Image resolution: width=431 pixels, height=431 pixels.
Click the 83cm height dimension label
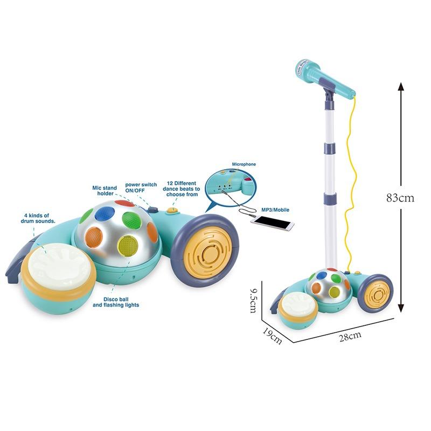pos(400,197)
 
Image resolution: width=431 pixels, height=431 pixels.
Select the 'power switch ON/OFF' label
pos(141,187)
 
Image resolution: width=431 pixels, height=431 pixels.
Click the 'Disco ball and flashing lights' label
pos(116,302)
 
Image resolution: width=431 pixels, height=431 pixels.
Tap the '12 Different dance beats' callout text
pos(183,189)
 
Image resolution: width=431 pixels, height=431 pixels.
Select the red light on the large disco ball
pos(124,204)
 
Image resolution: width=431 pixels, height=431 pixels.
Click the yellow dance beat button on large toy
pos(172,211)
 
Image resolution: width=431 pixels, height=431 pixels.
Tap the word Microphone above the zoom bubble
pos(244,163)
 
